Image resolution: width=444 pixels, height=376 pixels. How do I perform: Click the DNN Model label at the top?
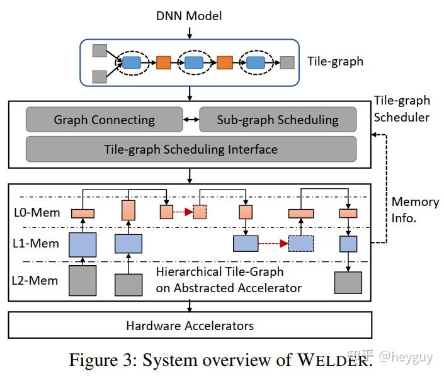click(x=190, y=14)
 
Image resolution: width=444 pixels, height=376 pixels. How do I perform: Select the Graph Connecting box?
click(x=104, y=120)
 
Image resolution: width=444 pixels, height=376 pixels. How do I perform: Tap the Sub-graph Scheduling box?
click(x=278, y=120)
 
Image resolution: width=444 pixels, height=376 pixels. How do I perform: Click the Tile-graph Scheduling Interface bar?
click(x=191, y=149)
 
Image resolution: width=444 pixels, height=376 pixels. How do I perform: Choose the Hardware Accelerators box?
click(x=190, y=326)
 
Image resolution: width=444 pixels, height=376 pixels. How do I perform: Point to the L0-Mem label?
click(x=37, y=212)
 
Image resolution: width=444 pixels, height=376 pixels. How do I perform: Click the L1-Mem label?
click(x=37, y=243)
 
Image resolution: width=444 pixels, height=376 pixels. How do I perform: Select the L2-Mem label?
click(x=37, y=280)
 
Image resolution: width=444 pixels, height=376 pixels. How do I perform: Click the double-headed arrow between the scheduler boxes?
click(x=190, y=120)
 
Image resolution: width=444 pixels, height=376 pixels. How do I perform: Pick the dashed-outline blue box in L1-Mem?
click(x=301, y=243)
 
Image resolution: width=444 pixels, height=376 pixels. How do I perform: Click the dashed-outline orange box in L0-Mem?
click(x=200, y=212)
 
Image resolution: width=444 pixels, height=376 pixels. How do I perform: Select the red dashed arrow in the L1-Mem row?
click(x=273, y=243)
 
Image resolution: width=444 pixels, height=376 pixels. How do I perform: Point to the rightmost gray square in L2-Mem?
click(x=348, y=282)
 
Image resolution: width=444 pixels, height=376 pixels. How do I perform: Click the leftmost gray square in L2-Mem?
click(x=82, y=280)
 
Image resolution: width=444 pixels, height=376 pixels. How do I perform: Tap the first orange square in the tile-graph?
click(x=164, y=62)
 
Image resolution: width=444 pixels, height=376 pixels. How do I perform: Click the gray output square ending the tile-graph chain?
click(x=287, y=62)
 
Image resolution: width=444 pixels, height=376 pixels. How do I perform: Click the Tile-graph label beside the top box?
click(x=335, y=62)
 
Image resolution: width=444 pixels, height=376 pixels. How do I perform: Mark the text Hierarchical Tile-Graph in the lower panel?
click(x=220, y=272)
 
